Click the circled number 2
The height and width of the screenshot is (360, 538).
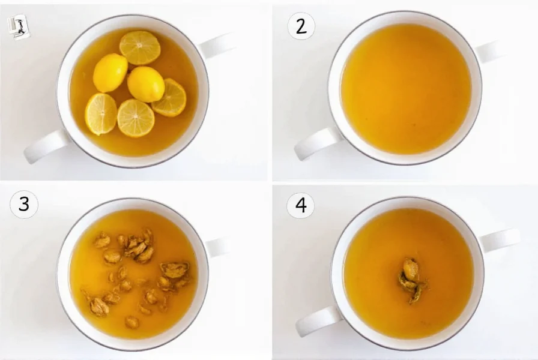click(x=300, y=26)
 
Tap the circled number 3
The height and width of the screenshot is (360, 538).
click(x=24, y=205)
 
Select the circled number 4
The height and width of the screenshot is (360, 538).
click(x=300, y=206)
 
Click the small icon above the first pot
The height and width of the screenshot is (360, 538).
click(x=18, y=27)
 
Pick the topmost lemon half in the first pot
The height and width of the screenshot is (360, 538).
click(x=140, y=47)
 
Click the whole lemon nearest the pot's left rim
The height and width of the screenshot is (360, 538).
click(x=110, y=73)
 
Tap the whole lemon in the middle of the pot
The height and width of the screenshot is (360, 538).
click(x=146, y=84)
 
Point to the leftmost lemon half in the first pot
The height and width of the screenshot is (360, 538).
click(x=101, y=113)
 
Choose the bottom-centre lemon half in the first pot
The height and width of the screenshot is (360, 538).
click(x=136, y=118)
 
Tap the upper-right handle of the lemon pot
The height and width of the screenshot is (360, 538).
click(x=216, y=46)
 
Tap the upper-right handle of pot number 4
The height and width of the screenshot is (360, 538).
click(x=500, y=239)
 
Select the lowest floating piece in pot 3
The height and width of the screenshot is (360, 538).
click(x=131, y=322)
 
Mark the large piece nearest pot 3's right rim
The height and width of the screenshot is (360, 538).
click(x=175, y=270)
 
